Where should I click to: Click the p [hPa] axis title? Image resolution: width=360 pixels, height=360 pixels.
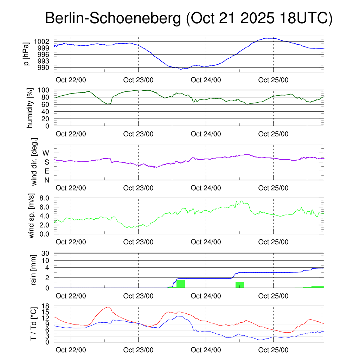coord(26,54)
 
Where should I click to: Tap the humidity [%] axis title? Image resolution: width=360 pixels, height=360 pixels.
coord(31,108)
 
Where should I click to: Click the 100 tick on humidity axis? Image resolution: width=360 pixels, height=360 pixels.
coord(47,90)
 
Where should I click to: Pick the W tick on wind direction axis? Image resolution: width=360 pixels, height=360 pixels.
coord(46,153)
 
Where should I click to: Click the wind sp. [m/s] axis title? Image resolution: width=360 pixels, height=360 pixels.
coord(32,216)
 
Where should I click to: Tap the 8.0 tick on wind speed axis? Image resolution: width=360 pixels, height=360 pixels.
coord(46,198)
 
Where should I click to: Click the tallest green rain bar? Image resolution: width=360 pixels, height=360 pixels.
coord(181,284)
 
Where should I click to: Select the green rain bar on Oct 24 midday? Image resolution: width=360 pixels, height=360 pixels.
coord(240,285)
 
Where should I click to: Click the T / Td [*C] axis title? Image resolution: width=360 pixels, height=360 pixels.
coord(33,324)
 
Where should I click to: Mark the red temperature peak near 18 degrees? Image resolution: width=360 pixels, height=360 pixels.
coord(107,307)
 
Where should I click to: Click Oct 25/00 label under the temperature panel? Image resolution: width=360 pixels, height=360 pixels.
coord(274,350)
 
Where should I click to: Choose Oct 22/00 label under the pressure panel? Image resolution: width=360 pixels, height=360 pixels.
coord(71,80)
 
